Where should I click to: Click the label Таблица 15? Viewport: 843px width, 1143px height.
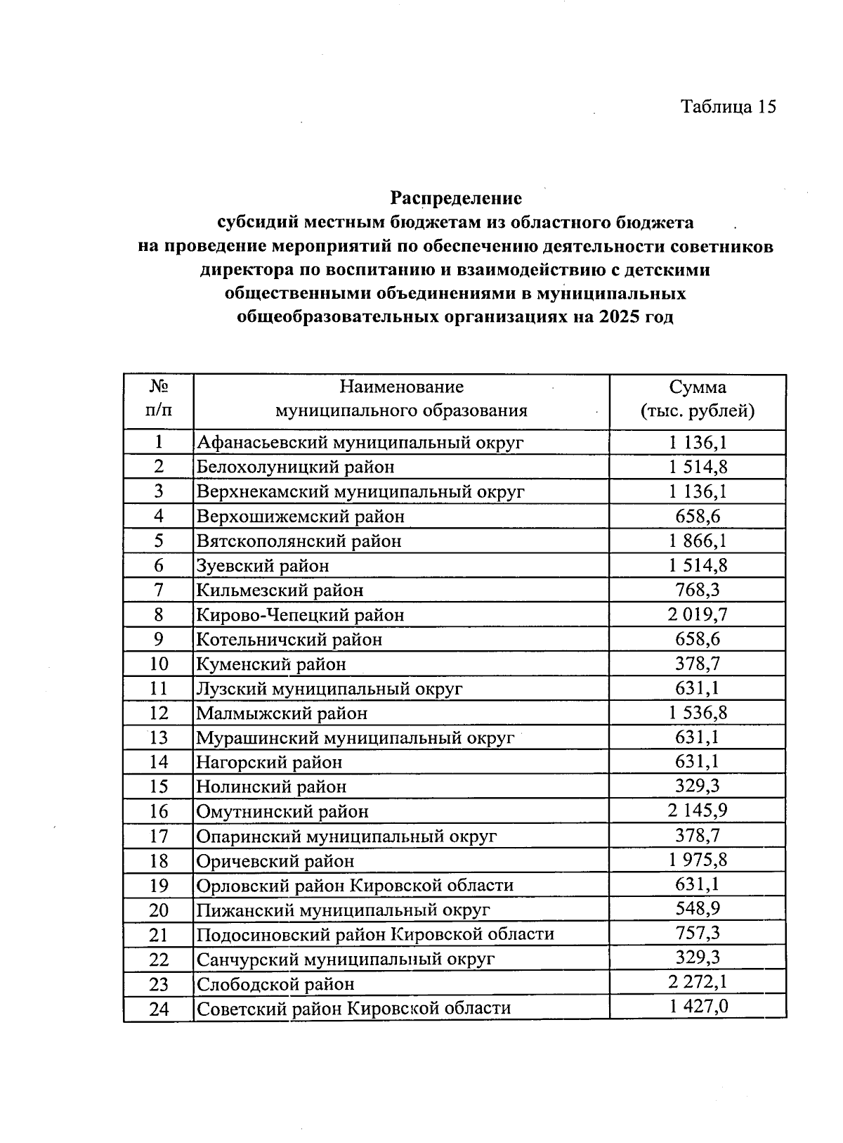728,107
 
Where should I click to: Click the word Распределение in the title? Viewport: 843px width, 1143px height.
457,198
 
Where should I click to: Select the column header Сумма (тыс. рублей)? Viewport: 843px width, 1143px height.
697,399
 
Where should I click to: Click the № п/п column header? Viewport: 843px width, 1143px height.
159,399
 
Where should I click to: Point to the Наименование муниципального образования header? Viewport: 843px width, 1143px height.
401,399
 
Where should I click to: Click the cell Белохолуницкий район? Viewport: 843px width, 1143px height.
295,467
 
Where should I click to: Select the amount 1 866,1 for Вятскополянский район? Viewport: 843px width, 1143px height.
698,541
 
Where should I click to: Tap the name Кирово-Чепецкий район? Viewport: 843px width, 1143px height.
300,615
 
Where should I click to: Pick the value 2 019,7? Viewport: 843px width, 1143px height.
698,615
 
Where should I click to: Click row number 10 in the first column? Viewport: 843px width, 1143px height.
159,664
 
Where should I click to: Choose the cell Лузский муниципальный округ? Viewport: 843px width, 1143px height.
329,689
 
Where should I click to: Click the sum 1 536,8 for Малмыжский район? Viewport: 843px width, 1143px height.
698,713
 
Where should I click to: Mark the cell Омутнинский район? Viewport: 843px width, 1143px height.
282,812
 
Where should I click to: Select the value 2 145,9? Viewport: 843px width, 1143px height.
698,811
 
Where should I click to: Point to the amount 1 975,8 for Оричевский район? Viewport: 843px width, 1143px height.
698,860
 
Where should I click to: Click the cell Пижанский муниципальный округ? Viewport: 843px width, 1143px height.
343,910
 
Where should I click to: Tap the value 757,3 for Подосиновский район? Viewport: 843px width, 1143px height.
698,934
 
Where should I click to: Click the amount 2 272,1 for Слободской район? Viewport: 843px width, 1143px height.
698,983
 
